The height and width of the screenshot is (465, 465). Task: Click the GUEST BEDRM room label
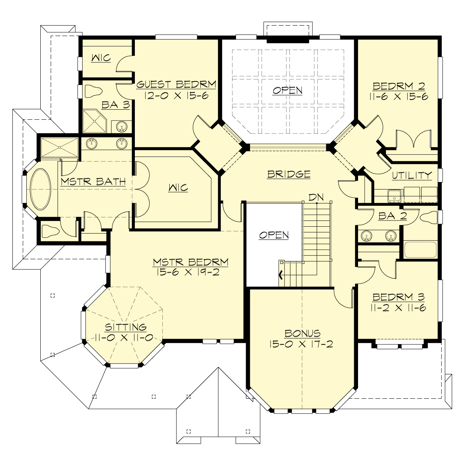pos(176,84)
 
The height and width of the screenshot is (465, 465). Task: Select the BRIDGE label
pos(289,174)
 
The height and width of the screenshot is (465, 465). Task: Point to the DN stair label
pos(316,197)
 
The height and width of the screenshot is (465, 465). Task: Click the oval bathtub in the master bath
pos(41,189)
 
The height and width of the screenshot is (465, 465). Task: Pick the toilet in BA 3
pos(93,91)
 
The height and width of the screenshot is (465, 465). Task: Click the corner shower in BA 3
pos(94,121)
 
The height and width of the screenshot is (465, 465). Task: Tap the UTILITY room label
pos(412,176)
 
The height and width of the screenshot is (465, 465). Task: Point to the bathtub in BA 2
pos(420,250)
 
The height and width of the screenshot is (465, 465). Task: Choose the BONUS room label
pos(302,333)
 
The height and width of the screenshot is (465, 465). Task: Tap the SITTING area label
pos(121,327)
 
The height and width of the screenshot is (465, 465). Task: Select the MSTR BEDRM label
pos(190,262)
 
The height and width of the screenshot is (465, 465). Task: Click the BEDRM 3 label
pos(398,297)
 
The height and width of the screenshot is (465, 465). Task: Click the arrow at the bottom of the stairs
pos(281,276)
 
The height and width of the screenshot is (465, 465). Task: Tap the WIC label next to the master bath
pos(178,188)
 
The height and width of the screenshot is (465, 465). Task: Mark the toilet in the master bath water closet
pos(50,232)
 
